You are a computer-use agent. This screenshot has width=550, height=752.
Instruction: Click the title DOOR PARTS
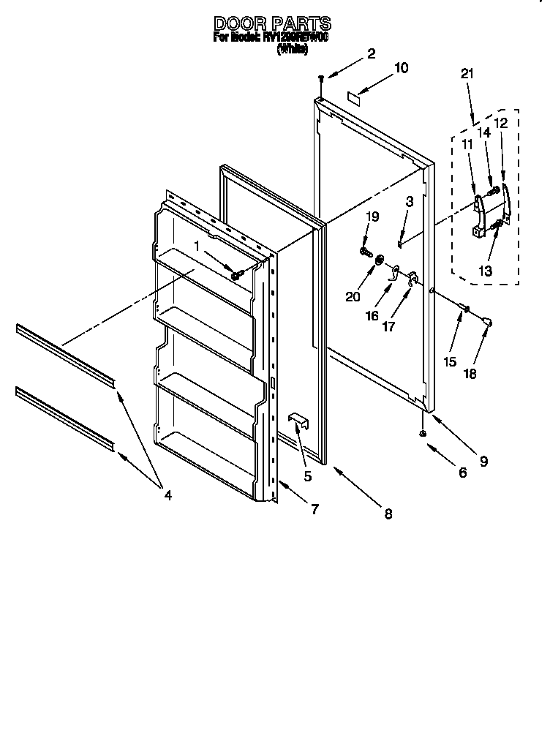coord(271,23)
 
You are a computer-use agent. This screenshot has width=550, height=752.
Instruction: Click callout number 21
coord(467,73)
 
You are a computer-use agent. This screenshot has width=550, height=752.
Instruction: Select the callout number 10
coord(401,68)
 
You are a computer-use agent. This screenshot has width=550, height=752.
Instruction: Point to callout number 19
coord(373,217)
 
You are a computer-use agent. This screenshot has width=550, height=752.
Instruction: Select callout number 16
coord(372,316)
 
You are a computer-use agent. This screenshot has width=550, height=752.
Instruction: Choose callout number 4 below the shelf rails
coord(167,495)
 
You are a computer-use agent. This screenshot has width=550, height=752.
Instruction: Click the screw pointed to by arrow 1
coord(237,274)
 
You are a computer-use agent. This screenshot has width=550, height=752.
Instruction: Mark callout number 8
coord(388,514)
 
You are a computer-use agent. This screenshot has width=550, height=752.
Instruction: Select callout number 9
coord(483,461)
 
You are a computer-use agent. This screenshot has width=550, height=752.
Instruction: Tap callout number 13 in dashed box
coord(486,270)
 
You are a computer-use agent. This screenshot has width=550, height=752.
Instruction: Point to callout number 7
coord(314,510)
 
